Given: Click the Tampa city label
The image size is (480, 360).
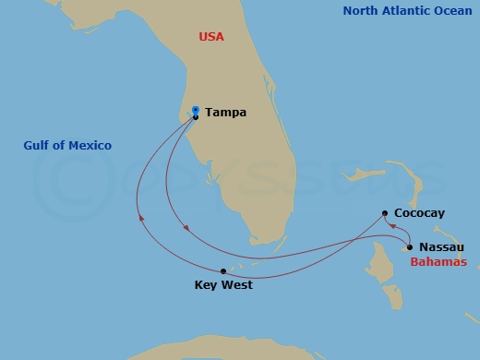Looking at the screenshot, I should pyautogui.click(x=224, y=113).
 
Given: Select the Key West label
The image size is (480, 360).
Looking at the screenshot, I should pyautogui.click(x=223, y=285).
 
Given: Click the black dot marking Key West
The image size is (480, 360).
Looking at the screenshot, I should pyautogui.click(x=223, y=270).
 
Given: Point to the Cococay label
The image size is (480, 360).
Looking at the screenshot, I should pyautogui.click(x=419, y=213).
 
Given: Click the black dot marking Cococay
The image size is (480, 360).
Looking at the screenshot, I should pyautogui.click(x=384, y=213).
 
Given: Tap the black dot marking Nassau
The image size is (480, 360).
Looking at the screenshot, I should pyautogui.click(x=409, y=247).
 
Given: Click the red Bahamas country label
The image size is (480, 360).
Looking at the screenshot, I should pyautogui.click(x=439, y=262).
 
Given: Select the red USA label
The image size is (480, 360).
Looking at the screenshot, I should pyautogui.click(x=211, y=37).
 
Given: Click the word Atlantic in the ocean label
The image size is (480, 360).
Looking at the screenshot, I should pyautogui.click(x=407, y=11).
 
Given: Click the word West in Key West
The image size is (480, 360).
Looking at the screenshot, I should pyautogui.click(x=238, y=285).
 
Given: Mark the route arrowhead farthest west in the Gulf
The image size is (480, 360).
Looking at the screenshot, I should pyautogui.click(x=141, y=219).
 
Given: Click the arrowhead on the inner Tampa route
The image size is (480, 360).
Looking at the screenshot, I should pyautogui.click(x=186, y=227).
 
